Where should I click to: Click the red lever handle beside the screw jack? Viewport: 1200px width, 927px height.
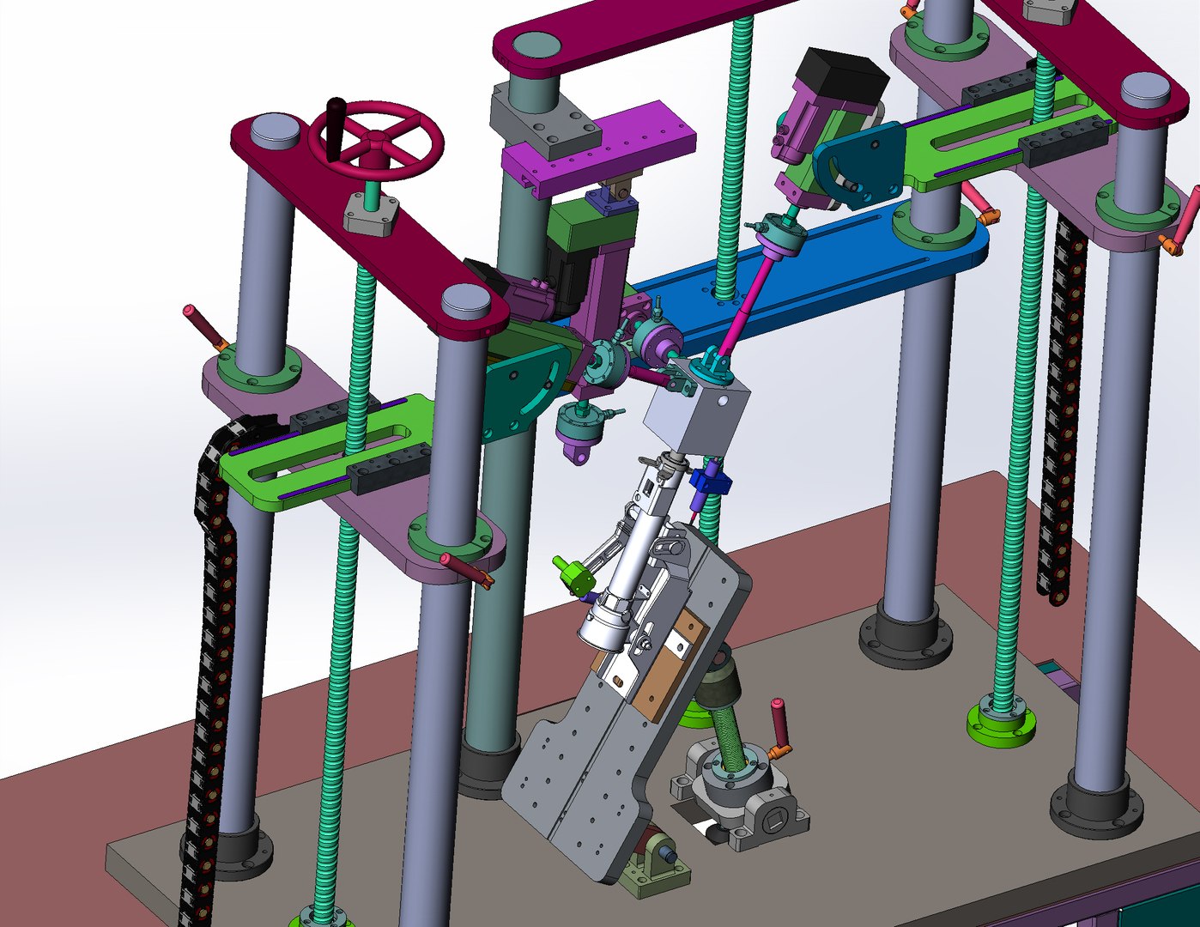click(780, 724)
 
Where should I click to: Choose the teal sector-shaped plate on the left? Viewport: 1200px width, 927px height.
click(520, 391)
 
